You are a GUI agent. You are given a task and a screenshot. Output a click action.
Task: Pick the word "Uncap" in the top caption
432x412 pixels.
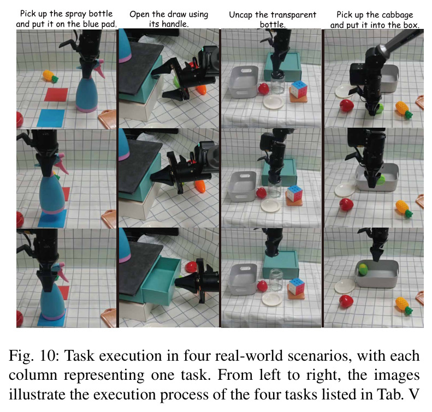coord(240,15)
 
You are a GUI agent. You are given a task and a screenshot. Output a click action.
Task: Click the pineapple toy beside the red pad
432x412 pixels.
coord(50,76)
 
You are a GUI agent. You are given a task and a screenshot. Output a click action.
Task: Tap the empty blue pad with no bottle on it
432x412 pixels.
coord(51,118)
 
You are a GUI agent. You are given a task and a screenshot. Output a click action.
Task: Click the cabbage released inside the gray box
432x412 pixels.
coord(363,269)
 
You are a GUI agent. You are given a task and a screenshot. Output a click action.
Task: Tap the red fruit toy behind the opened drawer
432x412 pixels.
coord(191,267)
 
